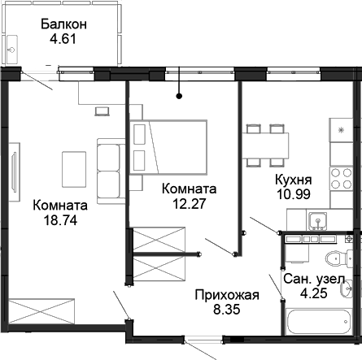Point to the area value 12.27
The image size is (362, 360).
click(x=189, y=203)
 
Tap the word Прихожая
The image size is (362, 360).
click(x=227, y=294)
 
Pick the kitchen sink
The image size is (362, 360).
click(x=318, y=217)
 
